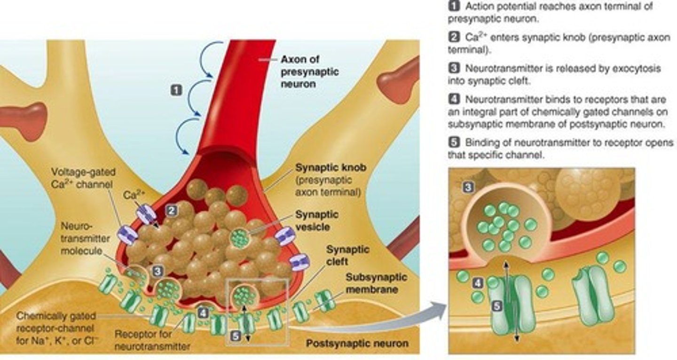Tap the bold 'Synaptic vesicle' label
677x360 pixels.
point(316,220)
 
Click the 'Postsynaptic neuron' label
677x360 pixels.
point(357,344)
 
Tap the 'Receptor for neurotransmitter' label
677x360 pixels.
point(152,341)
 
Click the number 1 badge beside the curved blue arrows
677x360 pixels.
point(176,90)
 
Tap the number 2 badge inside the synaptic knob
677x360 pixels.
point(172,211)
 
